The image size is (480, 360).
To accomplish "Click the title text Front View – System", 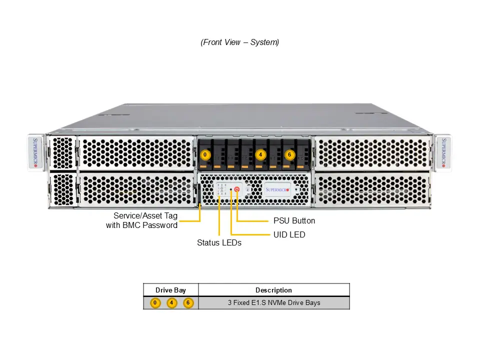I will [240, 42].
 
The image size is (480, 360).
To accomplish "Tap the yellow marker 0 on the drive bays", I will [205, 154].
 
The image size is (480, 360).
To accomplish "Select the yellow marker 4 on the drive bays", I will [260, 154].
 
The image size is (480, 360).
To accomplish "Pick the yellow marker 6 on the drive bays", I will [289, 154].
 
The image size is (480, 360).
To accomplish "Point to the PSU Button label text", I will [294, 220].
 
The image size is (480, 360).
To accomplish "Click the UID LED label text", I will [289, 234].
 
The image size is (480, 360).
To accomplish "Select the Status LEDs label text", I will [219, 243].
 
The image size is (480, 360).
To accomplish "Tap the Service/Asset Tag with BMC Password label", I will [142, 220].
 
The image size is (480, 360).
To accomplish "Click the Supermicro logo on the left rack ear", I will [35, 153].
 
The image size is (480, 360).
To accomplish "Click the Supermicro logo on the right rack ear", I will [443, 153].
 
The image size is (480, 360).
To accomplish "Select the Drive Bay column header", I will [170, 290].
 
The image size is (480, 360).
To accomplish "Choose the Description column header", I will [273, 290].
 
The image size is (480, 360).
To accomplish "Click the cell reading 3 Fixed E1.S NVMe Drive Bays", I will [273, 303].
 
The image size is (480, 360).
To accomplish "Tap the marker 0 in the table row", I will [155, 303].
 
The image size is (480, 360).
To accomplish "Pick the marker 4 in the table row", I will [172, 303].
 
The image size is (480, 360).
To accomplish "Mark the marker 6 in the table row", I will [188, 303].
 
